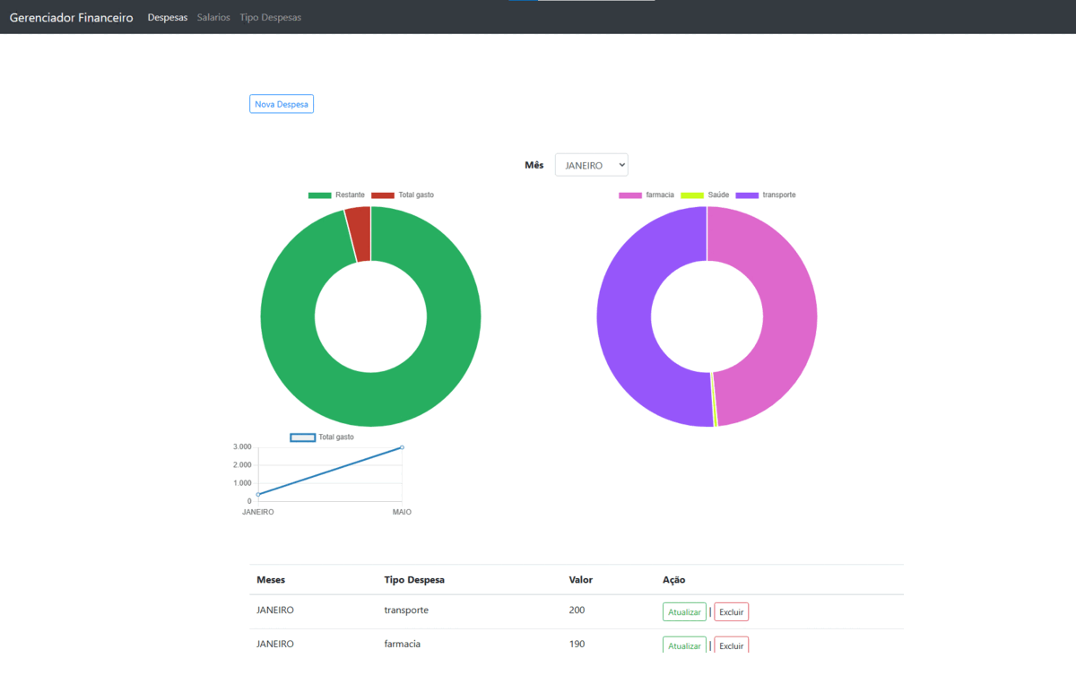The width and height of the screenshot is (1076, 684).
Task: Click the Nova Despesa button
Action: [282, 104]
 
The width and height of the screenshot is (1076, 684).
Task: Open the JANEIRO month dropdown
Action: [591, 165]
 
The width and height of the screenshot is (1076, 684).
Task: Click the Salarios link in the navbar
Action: [213, 17]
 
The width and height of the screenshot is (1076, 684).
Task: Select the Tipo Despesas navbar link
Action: [270, 17]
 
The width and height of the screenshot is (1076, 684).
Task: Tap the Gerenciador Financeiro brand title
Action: [71, 17]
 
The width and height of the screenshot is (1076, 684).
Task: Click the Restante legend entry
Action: [337, 195]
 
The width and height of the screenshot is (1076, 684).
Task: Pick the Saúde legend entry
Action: [706, 195]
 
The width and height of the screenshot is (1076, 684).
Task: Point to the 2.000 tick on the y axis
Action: [242, 464]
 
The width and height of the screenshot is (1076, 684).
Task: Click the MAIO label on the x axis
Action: [402, 512]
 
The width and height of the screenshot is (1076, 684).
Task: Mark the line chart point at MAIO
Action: [402, 446]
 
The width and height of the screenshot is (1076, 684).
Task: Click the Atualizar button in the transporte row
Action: [684, 611]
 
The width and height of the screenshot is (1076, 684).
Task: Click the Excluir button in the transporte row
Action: [731, 611]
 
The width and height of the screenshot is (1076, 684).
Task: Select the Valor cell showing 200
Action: [577, 610]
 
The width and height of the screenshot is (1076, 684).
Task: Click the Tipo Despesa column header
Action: [414, 579]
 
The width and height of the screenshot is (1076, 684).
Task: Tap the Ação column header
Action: [673, 579]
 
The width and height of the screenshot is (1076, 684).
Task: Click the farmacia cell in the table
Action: [403, 644]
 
